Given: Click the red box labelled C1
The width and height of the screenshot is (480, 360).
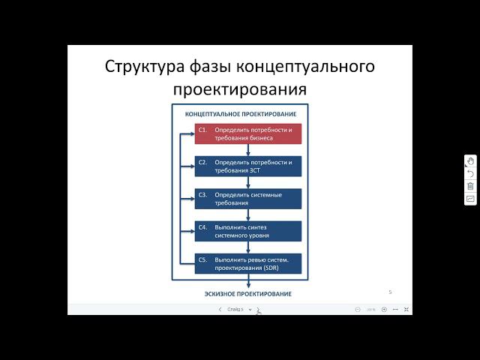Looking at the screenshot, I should click(248, 133).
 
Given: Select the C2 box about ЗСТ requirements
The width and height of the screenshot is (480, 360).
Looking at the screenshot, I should click(248, 166).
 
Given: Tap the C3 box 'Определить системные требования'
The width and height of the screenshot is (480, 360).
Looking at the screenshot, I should click(248, 199).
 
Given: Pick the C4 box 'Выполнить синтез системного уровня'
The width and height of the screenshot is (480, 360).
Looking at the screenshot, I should click(248, 231).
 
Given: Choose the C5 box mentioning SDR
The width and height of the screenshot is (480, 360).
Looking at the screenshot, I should click(248, 263).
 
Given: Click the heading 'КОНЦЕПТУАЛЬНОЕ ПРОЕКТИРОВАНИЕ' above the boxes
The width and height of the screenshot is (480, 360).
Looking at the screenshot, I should click(240, 114).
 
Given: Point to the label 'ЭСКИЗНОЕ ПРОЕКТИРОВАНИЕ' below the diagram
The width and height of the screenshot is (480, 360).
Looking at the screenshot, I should click(247, 293).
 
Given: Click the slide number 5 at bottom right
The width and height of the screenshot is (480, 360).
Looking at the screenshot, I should click(390, 291).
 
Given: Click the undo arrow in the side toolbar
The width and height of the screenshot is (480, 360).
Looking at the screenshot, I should click(470, 173).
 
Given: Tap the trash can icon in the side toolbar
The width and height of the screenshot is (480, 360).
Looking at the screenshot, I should click(470, 186).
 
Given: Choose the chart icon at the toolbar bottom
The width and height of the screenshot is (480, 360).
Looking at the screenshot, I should click(470, 199).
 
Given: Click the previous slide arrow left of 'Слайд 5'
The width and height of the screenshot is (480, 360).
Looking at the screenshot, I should click(220, 309).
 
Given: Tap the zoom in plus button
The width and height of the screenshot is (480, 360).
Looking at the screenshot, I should click(384, 309).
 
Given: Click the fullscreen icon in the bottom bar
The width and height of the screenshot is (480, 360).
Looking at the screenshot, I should click(406, 309).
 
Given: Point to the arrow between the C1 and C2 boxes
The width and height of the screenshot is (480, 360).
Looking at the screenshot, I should click(248, 150).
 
